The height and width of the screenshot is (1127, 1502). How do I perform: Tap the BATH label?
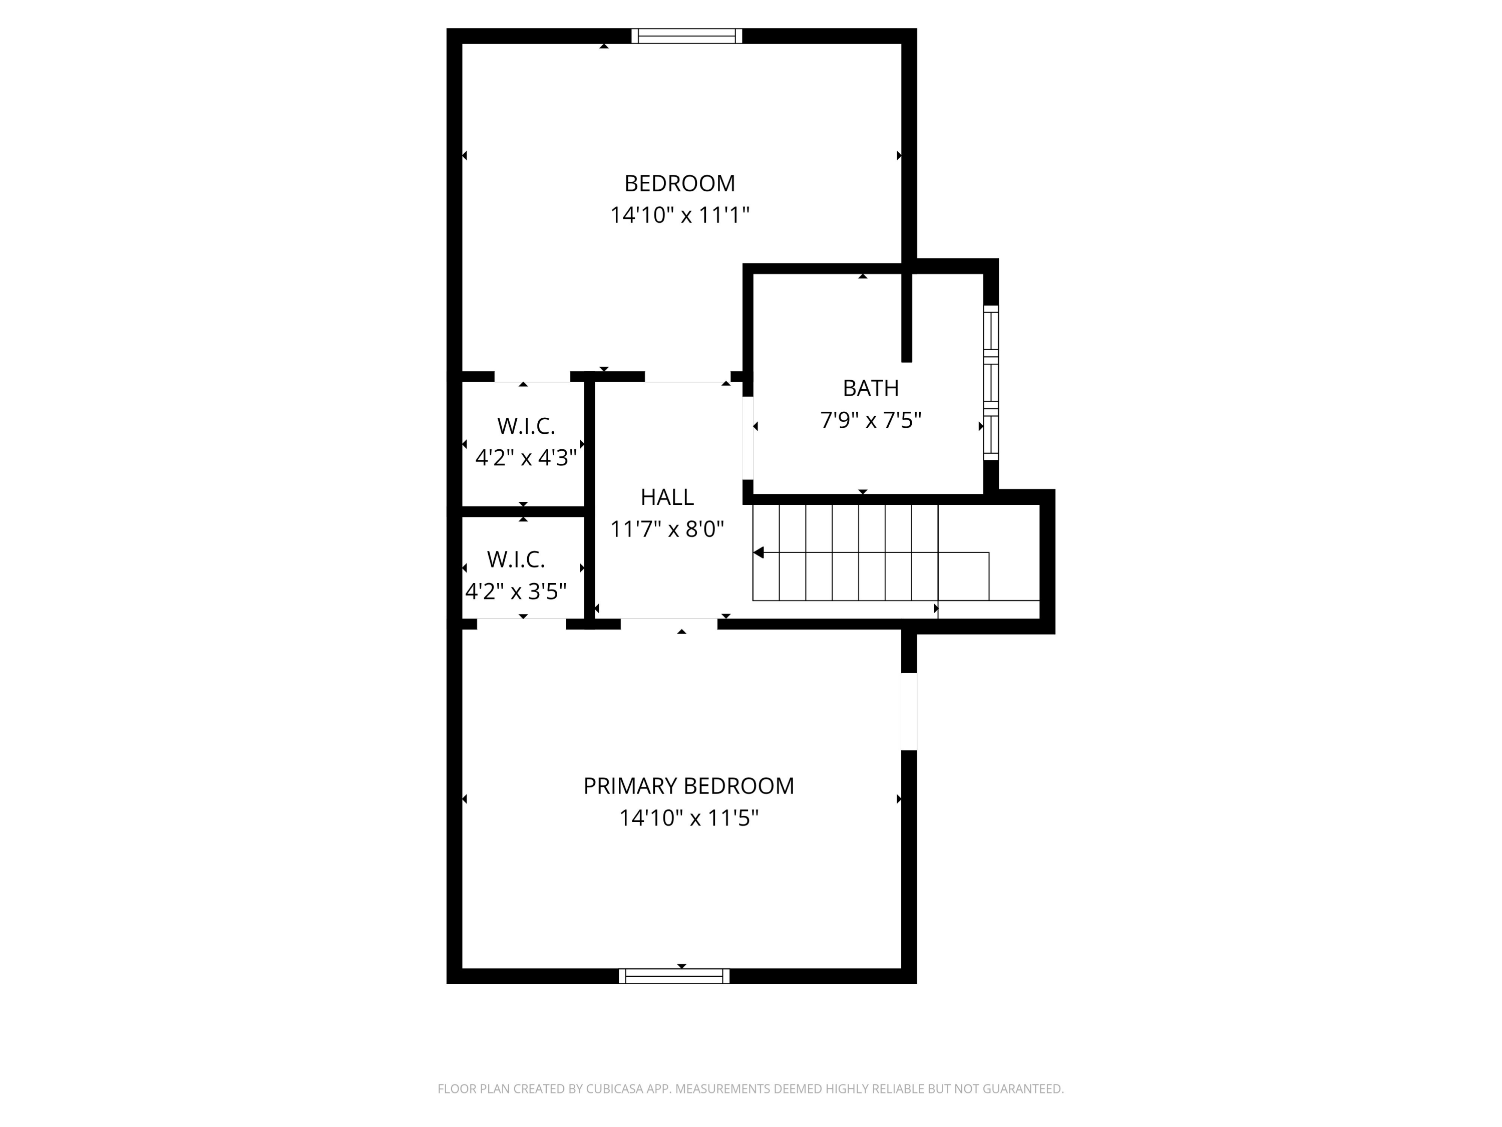tap(871, 388)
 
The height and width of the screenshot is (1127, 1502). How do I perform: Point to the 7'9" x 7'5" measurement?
tap(871, 421)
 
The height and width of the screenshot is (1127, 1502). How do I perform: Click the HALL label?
tap(667, 497)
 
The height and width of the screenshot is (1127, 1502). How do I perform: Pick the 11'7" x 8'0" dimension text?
tap(667, 529)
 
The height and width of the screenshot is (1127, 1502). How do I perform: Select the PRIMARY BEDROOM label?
tap(688, 786)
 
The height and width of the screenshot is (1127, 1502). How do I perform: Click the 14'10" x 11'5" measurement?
tap(688, 818)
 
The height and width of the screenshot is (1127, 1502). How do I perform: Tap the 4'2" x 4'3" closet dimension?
tap(526, 458)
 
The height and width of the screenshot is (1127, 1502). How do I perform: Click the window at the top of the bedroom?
tap(686, 36)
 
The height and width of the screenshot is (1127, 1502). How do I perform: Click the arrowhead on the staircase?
tap(759, 553)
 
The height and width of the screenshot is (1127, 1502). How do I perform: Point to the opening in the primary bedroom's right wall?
tap(909, 712)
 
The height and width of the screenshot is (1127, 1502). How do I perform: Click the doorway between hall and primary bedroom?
tap(669, 624)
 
